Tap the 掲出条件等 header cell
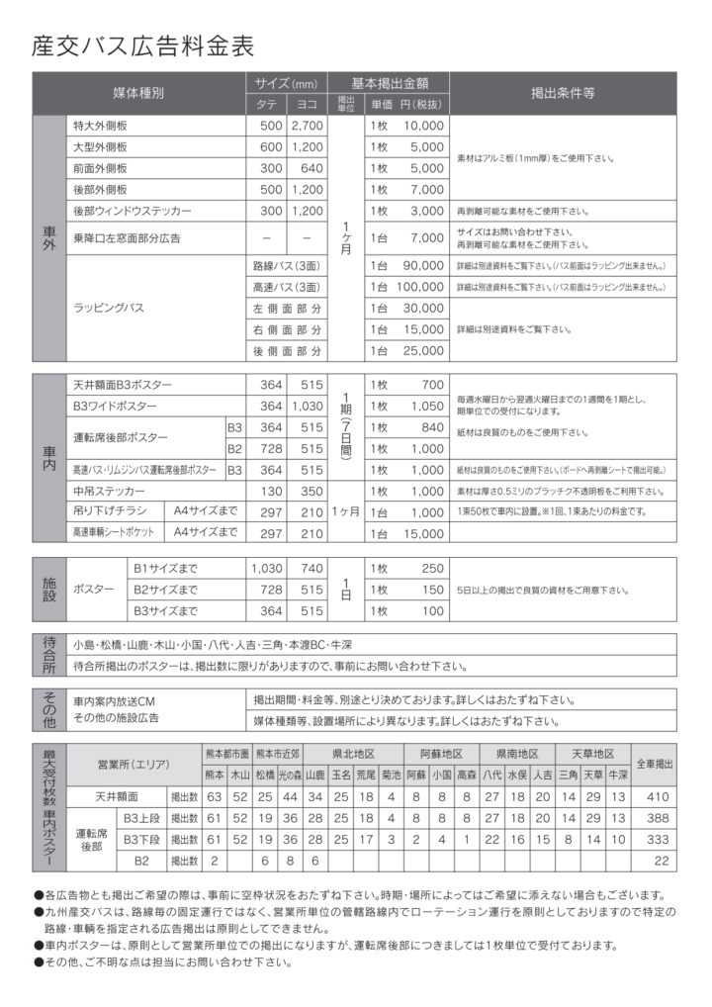(x=562, y=94)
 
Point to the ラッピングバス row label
(x=110, y=308)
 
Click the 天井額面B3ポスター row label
(x=122, y=384)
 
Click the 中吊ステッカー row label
(x=109, y=491)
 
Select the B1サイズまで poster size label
(x=166, y=569)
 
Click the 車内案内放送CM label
(x=119, y=699)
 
